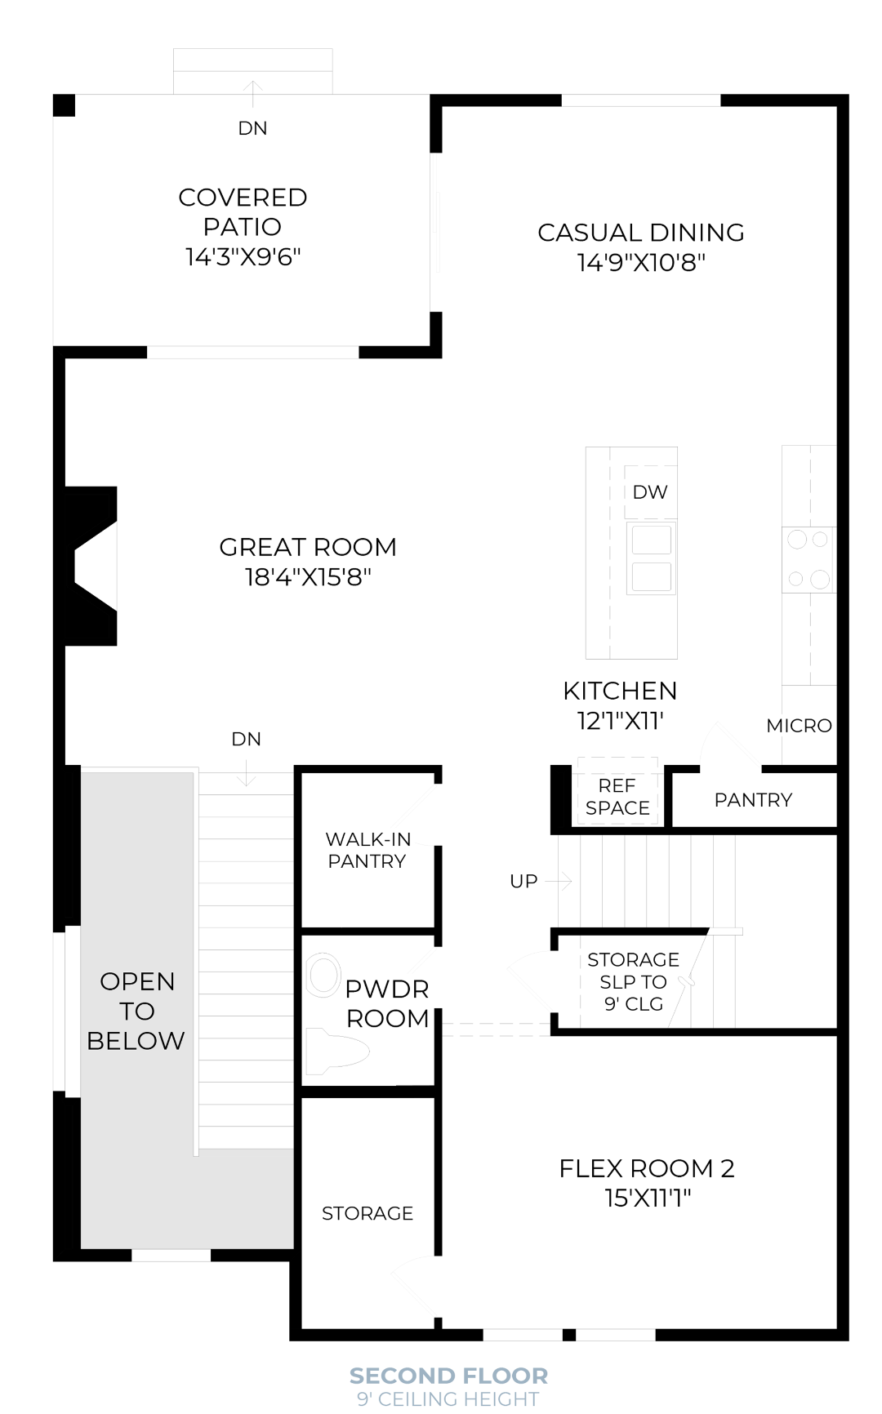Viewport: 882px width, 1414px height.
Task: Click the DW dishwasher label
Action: pyautogui.click(x=650, y=492)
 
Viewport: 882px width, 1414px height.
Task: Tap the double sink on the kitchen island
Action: pyautogui.click(x=651, y=558)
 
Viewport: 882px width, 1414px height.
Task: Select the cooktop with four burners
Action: pyautogui.click(x=808, y=560)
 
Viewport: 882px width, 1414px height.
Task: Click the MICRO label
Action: pyautogui.click(x=799, y=726)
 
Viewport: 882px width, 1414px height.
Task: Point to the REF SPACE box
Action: pyautogui.click(x=617, y=797)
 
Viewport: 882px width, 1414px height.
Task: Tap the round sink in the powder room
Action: pyautogui.click(x=323, y=976)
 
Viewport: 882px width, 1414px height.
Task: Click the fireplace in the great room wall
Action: pyautogui.click(x=91, y=566)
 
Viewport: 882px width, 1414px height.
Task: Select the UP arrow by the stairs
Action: pyautogui.click(x=559, y=881)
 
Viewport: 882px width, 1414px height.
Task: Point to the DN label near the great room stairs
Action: pyautogui.click(x=246, y=740)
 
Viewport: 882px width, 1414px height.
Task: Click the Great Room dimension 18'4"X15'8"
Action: pyautogui.click(x=308, y=578)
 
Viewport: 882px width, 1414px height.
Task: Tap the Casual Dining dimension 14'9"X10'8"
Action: pyautogui.click(x=641, y=263)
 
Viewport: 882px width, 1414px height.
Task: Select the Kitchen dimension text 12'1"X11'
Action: pyautogui.click(x=620, y=722)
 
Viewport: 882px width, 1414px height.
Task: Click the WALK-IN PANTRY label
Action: pyautogui.click(x=367, y=850)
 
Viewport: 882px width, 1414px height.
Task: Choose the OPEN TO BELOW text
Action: pyautogui.click(x=136, y=1011)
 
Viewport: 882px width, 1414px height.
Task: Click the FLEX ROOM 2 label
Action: pyautogui.click(x=647, y=1168)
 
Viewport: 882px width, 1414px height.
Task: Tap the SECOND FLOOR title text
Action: pyautogui.click(x=448, y=1376)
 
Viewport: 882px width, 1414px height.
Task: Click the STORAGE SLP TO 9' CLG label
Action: pyautogui.click(x=633, y=981)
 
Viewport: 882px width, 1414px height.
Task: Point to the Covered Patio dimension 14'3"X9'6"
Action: pyautogui.click(x=243, y=257)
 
